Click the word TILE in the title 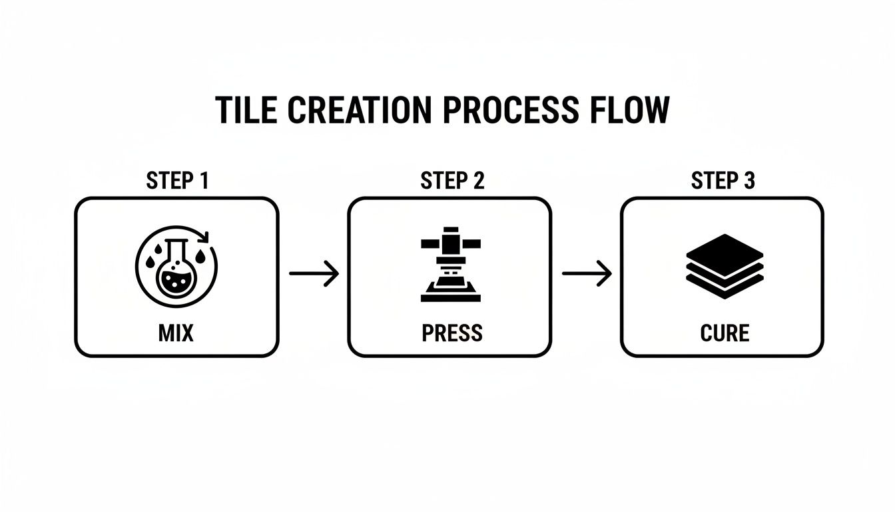click(x=246, y=110)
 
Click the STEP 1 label click(x=176, y=181)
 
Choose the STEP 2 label click(x=452, y=181)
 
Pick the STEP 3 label click(x=723, y=181)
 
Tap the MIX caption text click(x=176, y=333)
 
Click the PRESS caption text click(x=452, y=333)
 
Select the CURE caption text click(x=725, y=333)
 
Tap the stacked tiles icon click(x=724, y=266)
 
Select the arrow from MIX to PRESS click(x=314, y=273)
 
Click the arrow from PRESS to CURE click(x=587, y=273)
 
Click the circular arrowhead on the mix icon click(x=206, y=237)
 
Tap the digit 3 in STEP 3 click(x=749, y=181)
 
